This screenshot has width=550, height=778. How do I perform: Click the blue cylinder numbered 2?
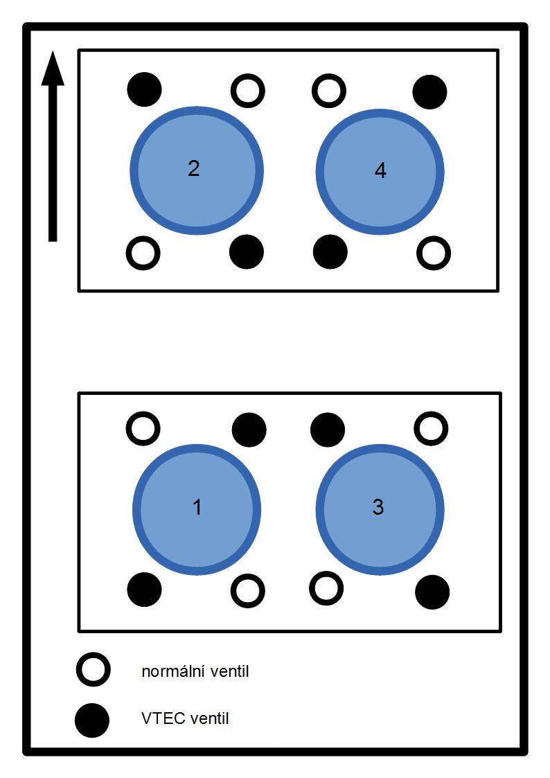pos(197,170)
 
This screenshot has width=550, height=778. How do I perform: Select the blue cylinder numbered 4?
pos(380,172)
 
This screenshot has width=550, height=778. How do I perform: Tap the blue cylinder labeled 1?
pos(197,510)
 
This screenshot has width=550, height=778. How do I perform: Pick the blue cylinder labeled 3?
pos(380,510)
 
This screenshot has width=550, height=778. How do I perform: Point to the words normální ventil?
pos(195,671)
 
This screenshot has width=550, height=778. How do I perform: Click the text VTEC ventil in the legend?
pos(185,718)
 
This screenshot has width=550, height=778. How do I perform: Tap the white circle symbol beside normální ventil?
pos(94,670)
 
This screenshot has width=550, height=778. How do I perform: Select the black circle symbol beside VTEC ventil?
pos(92,720)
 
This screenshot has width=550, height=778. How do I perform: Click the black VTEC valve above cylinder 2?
pos(144,90)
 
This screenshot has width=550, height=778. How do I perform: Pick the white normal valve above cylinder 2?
pos(248,91)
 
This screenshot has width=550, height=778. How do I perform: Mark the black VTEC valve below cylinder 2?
pos(247,252)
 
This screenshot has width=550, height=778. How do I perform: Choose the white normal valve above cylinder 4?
pos(329,91)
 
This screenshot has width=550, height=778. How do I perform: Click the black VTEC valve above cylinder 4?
pos(430,91)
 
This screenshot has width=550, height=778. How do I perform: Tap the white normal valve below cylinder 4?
pos(434,253)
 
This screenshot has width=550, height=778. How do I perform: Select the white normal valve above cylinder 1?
pos(143,428)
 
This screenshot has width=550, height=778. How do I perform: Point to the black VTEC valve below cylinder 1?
pos(144,590)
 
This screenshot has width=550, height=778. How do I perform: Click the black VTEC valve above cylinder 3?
pos(328,430)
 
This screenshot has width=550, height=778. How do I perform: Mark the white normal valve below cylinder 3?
pos(326,588)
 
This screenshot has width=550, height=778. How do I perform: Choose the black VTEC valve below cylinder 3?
pos(432,592)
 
